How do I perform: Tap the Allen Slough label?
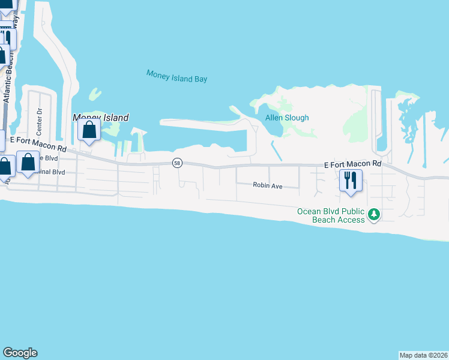(287, 118)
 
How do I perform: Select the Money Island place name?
(100, 118)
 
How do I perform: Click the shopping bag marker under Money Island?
(89, 130)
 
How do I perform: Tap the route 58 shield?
(176, 163)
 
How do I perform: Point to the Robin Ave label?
(267, 186)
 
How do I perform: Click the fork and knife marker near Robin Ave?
(351, 179)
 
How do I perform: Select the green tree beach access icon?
(373, 214)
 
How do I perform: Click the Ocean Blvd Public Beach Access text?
(331, 215)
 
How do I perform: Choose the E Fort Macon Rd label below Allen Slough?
(352, 164)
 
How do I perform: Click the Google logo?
(20, 353)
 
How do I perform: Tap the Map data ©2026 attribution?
(423, 355)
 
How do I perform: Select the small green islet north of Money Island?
(94, 94)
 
